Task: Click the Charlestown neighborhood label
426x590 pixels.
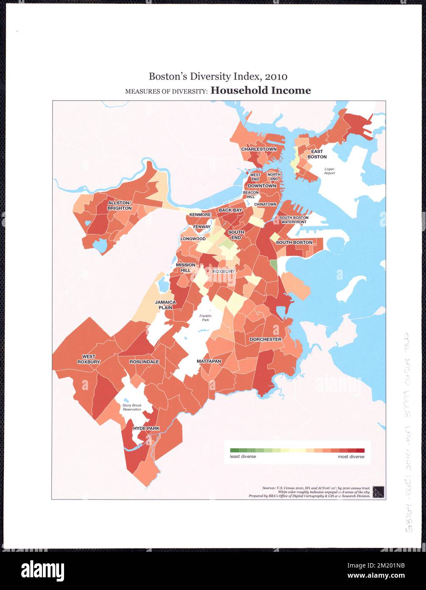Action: point(259,149)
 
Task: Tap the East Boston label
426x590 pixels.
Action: point(317,154)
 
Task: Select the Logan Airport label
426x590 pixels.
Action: point(329,171)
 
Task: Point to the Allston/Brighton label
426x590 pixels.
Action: point(119,205)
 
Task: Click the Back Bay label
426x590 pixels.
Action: point(230,210)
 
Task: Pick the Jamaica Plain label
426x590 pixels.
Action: point(165,305)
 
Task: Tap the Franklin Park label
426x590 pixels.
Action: point(205,318)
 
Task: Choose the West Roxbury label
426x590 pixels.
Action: point(89,359)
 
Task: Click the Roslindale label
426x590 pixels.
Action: point(144,362)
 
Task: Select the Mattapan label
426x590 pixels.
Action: point(209,361)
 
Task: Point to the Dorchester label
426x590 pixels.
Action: point(265,340)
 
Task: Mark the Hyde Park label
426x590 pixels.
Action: point(146,428)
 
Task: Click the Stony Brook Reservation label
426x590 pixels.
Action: point(132,407)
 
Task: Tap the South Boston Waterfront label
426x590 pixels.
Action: point(294,219)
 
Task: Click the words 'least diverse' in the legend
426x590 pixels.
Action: point(243,457)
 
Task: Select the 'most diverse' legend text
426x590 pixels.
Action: point(351,457)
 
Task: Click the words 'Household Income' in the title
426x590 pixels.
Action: point(261,90)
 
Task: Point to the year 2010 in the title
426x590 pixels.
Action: point(276,76)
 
